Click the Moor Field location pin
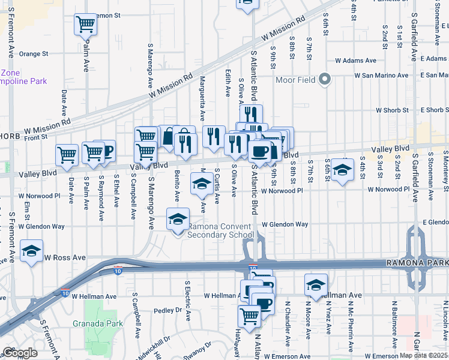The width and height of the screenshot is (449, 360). tap(325, 79)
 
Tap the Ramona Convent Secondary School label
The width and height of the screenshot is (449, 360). tap(220, 231)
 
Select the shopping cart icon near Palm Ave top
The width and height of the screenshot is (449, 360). tap(86, 25)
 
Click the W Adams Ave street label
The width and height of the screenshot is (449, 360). tap(355, 61)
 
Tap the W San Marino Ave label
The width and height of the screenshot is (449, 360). tap(381, 76)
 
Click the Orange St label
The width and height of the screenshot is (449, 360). tap(33, 53)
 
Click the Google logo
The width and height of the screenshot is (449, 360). tap(20, 353)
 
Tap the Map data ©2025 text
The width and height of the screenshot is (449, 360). tap(423, 356)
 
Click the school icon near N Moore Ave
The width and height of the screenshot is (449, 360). tap(316, 286)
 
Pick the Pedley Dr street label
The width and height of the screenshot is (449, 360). tap(167, 310)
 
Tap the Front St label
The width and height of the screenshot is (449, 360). tap(53, 137)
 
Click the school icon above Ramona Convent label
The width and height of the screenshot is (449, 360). tap(178, 220)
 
